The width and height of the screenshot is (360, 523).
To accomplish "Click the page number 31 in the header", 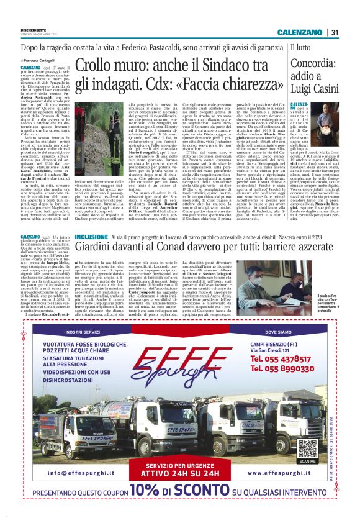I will point(334,33).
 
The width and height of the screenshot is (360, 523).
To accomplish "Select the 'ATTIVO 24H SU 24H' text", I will point(179,472).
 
